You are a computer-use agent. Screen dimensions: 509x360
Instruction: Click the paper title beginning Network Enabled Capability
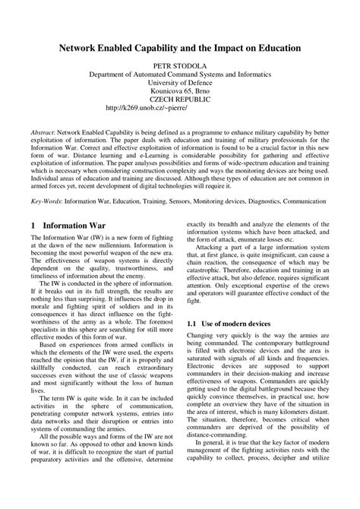[x=180, y=47]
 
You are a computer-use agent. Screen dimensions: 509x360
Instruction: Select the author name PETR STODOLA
[x=180, y=66]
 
